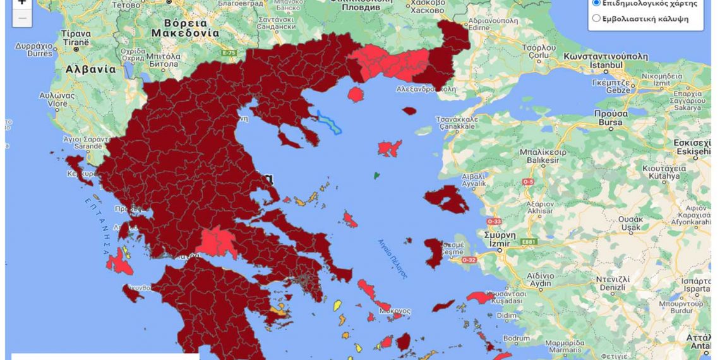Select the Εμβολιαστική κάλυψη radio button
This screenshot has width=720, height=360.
coord(596,18)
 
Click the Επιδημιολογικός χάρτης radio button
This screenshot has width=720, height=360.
coord(596,3)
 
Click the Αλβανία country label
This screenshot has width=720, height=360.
coord(92,69)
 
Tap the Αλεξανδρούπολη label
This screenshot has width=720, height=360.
coord(426,89)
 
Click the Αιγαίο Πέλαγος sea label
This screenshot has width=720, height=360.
coord(393,258)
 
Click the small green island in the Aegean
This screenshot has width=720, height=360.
coord(377,175)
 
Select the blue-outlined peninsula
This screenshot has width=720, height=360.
coord(329,122)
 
